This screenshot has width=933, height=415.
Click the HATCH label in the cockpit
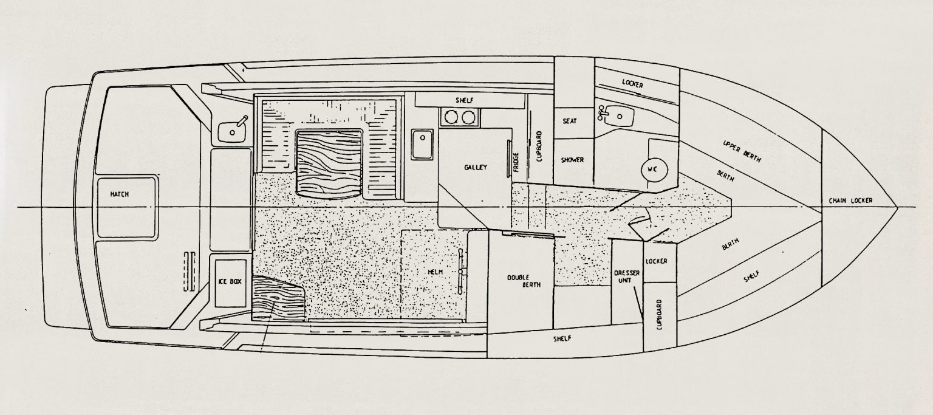point(120,194)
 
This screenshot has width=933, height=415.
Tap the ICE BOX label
point(230,282)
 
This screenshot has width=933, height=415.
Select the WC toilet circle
point(658,170)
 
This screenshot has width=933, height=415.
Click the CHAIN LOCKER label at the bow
point(850,201)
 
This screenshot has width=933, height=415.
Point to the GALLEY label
point(475,168)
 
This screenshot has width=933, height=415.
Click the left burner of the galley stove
point(451,117)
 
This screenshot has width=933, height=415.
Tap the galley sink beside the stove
point(422,144)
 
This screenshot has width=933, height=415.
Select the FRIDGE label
point(516,162)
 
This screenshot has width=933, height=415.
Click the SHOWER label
point(572,160)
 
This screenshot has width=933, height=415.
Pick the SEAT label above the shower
point(569,122)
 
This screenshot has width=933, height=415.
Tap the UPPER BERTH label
point(742,151)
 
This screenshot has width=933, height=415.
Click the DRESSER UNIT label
point(627,276)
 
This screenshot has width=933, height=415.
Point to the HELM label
point(436,272)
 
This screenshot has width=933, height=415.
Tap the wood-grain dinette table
point(329,163)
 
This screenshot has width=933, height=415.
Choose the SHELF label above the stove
point(465,100)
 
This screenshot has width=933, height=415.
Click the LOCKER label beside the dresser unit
point(657,261)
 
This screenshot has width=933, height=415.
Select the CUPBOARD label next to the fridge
point(539,146)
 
